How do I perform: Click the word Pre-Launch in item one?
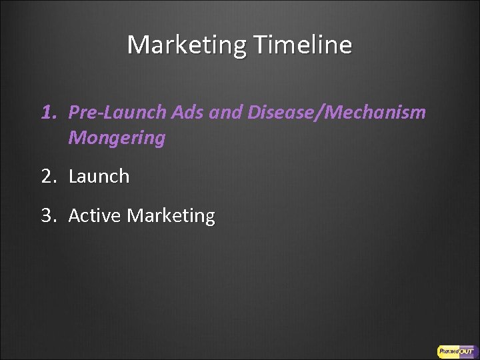point(110,113)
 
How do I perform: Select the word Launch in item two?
point(99,177)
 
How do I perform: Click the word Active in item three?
point(93,215)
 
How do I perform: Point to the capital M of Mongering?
point(75,139)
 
